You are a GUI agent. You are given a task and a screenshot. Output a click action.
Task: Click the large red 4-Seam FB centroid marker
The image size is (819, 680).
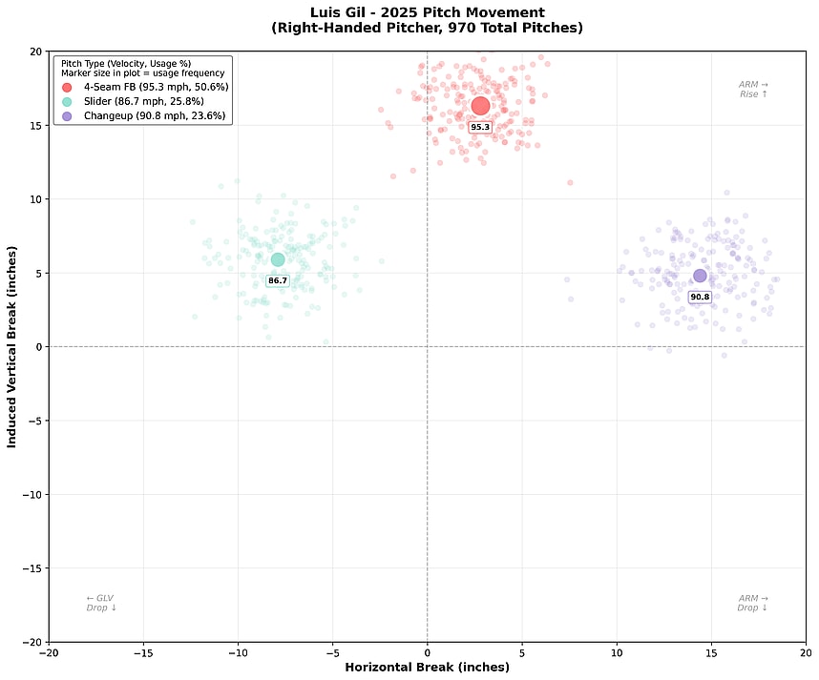point(480,106)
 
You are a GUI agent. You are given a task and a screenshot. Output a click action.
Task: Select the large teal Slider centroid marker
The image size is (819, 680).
point(278,259)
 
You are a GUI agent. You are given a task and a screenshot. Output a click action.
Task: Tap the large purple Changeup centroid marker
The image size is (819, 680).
point(700,276)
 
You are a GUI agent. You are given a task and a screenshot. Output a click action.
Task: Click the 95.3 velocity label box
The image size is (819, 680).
point(480,127)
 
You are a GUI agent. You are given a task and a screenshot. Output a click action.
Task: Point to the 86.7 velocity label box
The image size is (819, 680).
point(278,280)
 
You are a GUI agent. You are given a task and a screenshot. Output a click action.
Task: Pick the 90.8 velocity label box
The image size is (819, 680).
point(700,297)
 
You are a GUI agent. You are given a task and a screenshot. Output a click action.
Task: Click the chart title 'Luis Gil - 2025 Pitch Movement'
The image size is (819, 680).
point(427,12)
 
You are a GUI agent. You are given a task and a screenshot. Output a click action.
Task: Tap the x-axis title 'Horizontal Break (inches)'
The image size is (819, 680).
point(427,667)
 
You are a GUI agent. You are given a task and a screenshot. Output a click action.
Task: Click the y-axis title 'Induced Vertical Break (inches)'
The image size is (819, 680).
point(12,346)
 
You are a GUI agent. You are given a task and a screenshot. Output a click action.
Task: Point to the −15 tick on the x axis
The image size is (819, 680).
point(143,653)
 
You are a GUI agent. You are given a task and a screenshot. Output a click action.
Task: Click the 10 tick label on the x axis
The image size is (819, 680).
point(616,653)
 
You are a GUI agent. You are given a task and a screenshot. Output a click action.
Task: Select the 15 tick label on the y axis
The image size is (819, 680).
point(34,125)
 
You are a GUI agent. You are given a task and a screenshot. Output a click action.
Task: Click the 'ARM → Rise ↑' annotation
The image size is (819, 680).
point(753,90)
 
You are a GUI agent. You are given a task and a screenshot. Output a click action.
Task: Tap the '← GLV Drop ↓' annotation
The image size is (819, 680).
point(100,603)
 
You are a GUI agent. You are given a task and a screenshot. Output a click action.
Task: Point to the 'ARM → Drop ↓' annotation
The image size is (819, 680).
point(753,603)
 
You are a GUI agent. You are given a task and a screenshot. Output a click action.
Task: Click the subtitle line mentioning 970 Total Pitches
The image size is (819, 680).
point(427,29)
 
